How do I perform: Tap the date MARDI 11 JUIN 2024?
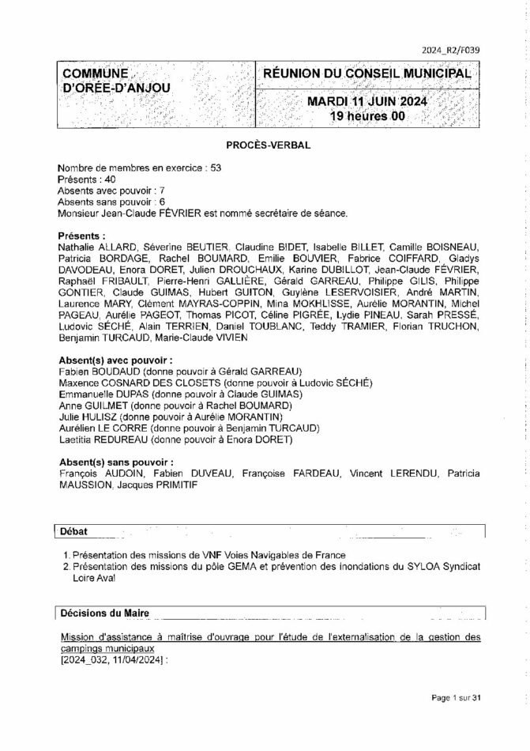point(367,101)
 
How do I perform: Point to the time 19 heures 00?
point(367,116)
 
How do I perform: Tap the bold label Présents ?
point(82,236)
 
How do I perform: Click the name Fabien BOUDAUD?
point(94,371)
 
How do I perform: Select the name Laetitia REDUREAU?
point(103,439)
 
